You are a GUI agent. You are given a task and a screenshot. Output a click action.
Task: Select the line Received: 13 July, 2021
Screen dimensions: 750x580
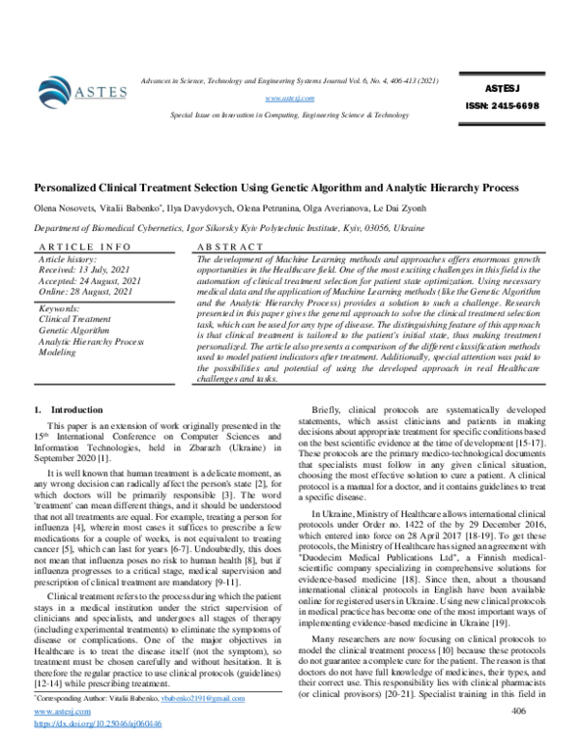click(x=85, y=272)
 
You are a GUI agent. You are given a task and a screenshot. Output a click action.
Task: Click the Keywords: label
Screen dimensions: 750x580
click(x=59, y=307)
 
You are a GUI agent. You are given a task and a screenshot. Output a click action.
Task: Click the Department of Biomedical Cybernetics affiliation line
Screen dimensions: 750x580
click(x=222, y=228)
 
